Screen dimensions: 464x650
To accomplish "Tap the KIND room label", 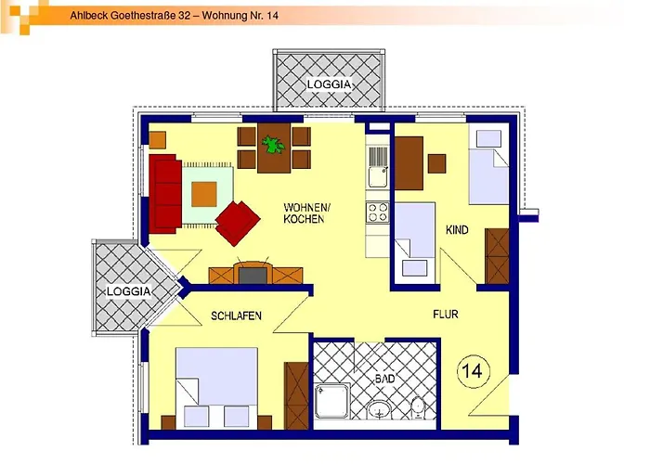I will pyautogui.click(x=457, y=229).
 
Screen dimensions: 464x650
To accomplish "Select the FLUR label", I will pyautogui.click(x=446, y=315).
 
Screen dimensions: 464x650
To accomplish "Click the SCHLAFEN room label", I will pyautogui.click(x=236, y=316).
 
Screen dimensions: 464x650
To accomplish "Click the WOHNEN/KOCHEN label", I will pyautogui.click(x=304, y=213).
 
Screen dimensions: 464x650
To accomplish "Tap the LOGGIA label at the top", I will pyautogui.click(x=329, y=84).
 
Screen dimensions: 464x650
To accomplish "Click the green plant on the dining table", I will pyautogui.click(x=273, y=144).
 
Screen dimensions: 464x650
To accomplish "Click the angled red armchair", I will pyautogui.click(x=239, y=222).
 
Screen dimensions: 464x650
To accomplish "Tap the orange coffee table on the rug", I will pyautogui.click(x=205, y=193).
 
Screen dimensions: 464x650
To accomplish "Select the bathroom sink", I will pyautogui.click(x=380, y=409).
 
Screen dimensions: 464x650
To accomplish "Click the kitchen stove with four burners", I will pyautogui.click(x=378, y=212).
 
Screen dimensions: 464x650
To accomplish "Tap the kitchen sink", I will pyautogui.click(x=378, y=174).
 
